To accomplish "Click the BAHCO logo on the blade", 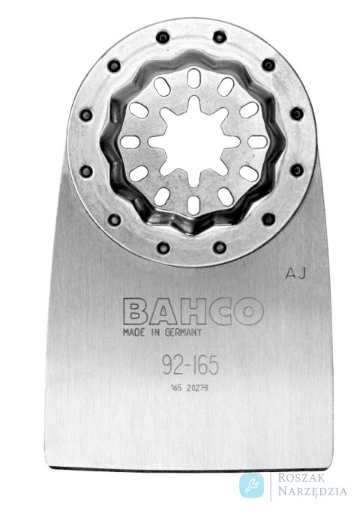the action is pyautogui.click(x=193, y=311).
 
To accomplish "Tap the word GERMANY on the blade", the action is pyautogui.click(x=183, y=333).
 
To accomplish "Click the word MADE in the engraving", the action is pyautogui.click(x=133, y=333).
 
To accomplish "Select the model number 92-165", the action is pyautogui.click(x=190, y=365).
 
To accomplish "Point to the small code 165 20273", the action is pyautogui.click(x=189, y=388).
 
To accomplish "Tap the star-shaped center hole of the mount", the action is pyautogui.click(x=193, y=142).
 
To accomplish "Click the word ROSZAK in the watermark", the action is pyautogui.click(x=302, y=477).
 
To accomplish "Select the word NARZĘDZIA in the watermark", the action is pyautogui.click(x=313, y=491).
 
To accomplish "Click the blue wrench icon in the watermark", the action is pyautogui.click(x=252, y=486).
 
